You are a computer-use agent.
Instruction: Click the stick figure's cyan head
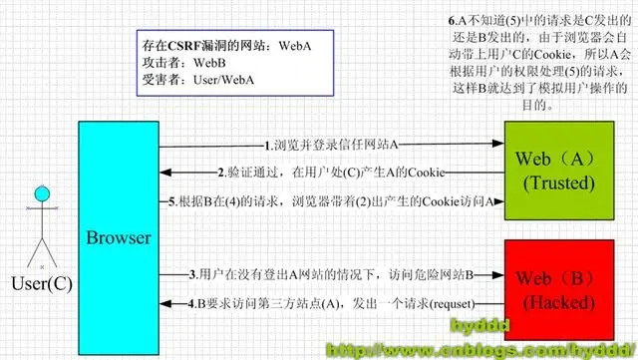(41, 193)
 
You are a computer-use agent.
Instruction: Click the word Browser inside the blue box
(119, 238)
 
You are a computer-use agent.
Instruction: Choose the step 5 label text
(380, 199)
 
